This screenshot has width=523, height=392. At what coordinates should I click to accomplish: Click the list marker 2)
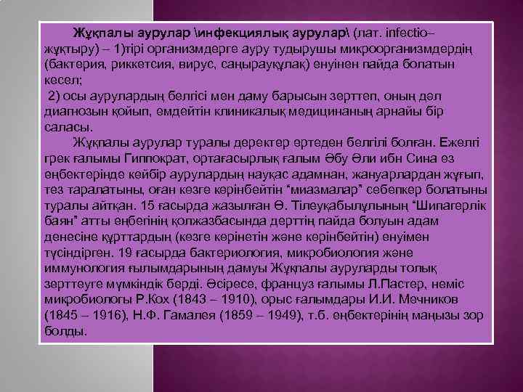click(x=57, y=97)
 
